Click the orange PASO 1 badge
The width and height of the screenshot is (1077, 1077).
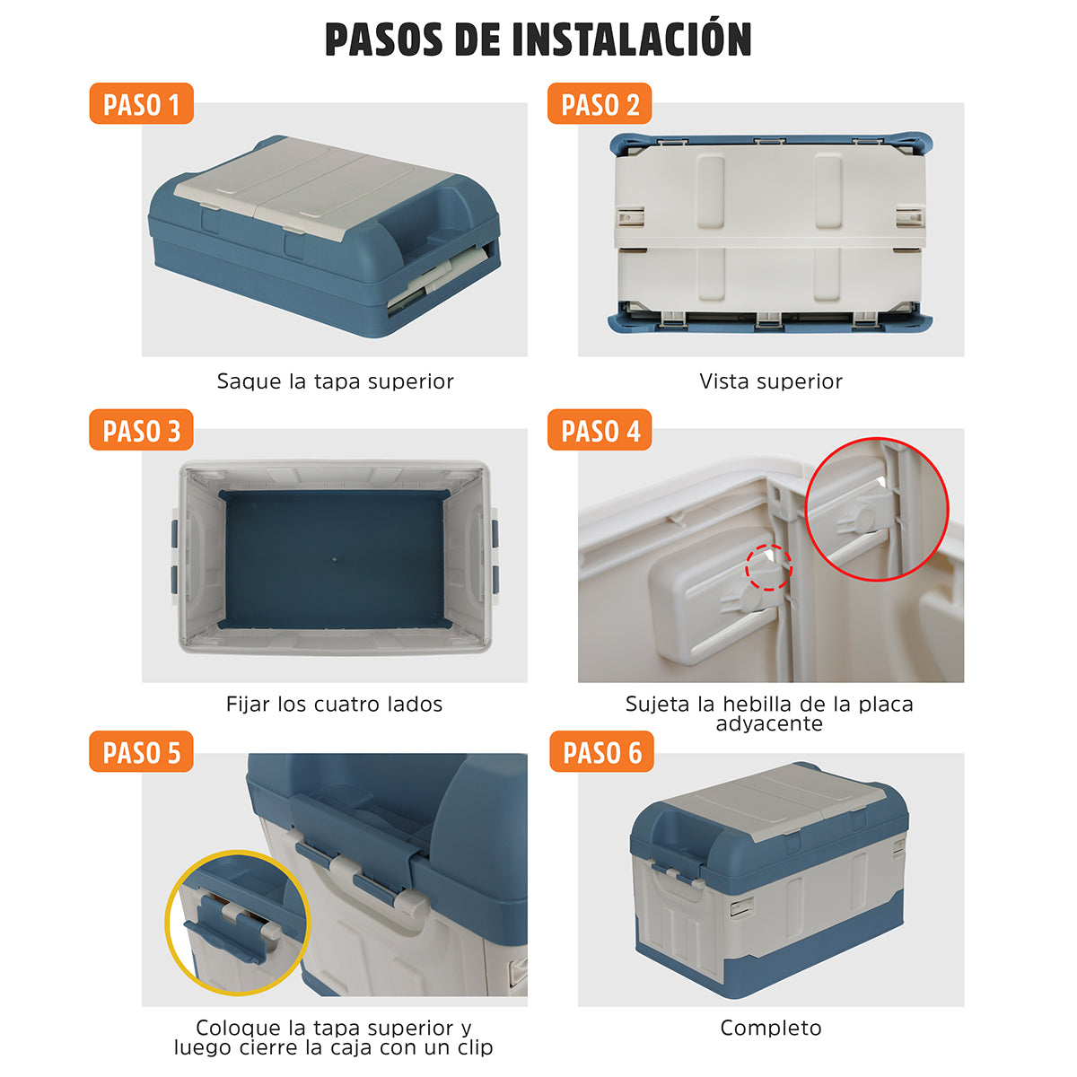[142, 103]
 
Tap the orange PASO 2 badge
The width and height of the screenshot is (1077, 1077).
[600, 103]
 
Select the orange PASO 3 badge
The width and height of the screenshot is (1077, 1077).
[142, 430]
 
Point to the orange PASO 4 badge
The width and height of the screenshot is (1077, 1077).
[600, 430]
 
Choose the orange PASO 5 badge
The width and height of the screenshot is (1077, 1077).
[142, 752]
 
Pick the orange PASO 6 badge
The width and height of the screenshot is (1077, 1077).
[601, 752]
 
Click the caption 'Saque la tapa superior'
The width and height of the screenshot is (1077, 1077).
[335, 381]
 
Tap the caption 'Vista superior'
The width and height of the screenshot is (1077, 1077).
[771, 381]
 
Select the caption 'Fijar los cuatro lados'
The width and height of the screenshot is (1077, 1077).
[334, 705]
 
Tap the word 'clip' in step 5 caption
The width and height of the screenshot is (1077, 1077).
[475, 1047]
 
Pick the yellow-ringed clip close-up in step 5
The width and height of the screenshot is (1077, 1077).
[238, 923]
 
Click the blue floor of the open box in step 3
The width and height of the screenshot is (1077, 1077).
[334, 559]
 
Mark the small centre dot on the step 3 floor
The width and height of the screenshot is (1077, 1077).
[334, 559]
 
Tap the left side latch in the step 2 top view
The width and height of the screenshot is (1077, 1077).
[630, 217]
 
